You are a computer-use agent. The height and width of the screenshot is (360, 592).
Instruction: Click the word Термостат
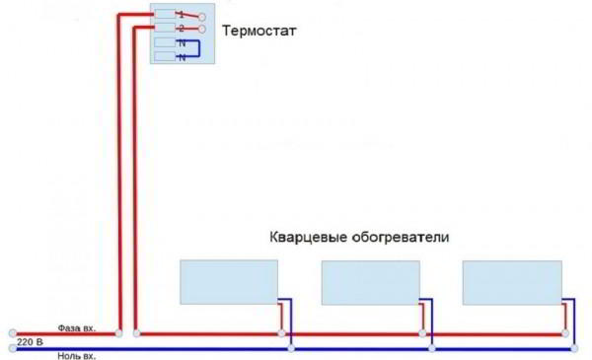(x=259, y=31)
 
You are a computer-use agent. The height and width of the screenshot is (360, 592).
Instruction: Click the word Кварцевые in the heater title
(x=309, y=238)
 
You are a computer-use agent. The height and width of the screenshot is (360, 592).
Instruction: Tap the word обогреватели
(x=401, y=238)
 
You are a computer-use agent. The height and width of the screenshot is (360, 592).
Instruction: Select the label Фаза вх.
(x=77, y=327)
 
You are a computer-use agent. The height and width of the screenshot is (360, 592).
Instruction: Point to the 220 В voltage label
(x=30, y=342)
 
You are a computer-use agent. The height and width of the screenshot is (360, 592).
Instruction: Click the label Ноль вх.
(x=77, y=356)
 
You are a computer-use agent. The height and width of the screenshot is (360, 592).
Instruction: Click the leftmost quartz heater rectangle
(x=229, y=282)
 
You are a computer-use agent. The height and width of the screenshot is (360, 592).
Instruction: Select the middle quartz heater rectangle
(x=371, y=282)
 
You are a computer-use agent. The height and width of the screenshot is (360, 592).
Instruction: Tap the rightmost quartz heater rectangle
(x=512, y=282)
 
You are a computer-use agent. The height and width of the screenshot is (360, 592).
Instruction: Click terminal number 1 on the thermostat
(x=182, y=15)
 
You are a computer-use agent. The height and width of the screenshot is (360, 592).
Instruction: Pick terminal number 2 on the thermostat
(x=182, y=29)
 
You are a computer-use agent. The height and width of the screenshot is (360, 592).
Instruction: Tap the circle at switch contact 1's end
(x=202, y=17)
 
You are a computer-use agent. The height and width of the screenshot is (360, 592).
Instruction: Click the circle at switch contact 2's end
(x=202, y=29)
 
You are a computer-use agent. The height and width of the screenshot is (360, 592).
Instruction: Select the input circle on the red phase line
(x=13, y=333)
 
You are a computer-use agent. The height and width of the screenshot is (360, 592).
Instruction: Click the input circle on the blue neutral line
(x=13, y=348)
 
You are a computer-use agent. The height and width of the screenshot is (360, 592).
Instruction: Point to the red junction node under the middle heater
(x=422, y=333)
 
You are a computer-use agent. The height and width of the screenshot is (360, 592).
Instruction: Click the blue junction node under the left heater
(x=291, y=348)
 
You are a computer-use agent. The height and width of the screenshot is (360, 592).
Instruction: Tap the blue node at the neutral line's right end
(x=574, y=348)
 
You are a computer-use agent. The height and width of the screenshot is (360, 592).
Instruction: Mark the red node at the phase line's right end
(x=565, y=333)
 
